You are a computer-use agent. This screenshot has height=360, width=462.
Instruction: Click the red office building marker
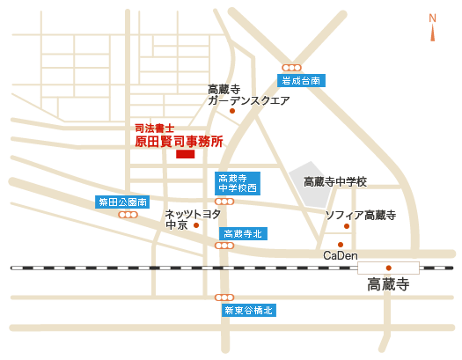click(x=186, y=154)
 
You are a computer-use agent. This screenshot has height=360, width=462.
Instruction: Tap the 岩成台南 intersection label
click(x=301, y=80)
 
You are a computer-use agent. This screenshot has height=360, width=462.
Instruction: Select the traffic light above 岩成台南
click(x=291, y=68)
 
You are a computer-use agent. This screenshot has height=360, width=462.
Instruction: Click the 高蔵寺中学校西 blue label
click(x=238, y=183)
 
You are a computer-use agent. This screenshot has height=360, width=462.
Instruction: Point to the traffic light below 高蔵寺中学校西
click(x=224, y=202)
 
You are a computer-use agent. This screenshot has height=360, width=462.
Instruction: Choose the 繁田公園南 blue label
click(x=122, y=202)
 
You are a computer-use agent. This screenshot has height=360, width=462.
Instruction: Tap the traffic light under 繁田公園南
click(x=128, y=215)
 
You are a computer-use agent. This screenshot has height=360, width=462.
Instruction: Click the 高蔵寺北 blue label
click(x=243, y=234)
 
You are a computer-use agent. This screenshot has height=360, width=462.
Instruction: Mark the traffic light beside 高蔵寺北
click(x=224, y=246)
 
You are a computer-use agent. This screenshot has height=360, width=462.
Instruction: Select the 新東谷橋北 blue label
click(x=249, y=310)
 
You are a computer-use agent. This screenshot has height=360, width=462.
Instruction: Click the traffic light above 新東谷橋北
click(x=224, y=298)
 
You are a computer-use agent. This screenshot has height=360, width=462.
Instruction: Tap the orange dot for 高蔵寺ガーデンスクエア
click(x=232, y=111)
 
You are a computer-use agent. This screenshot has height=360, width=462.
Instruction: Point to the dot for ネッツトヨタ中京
click(x=196, y=225)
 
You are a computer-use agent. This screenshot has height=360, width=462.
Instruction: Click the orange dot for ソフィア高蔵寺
click(x=347, y=226)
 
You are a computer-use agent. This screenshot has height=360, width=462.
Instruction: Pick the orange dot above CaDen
click(x=341, y=245)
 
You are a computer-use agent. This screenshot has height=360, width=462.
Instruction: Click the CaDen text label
click(x=341, y=255)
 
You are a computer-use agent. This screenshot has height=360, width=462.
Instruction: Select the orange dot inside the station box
click(x=389, y=268)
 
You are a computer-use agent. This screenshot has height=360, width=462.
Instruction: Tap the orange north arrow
click(x=433, y=33)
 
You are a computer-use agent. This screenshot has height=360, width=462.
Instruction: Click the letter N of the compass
click(x=433, y=18)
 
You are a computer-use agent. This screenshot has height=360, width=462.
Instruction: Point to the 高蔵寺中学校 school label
click(x=335, y=182)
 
